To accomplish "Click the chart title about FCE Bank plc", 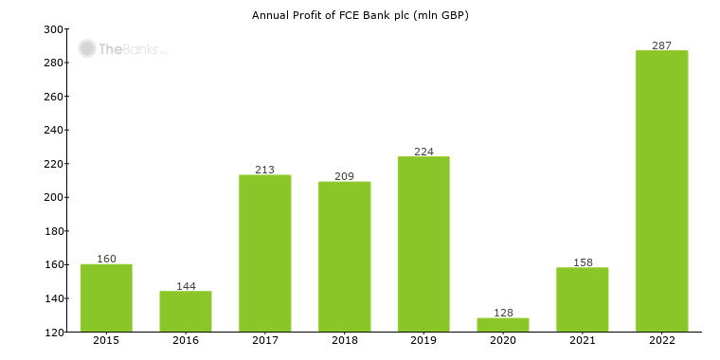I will [360, 15].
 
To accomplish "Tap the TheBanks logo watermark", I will [122, 48].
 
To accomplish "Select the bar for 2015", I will [106, 297].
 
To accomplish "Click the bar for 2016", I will [186, 311].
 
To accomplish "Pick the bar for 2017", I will [265, 253].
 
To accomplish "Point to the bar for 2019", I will [423, 243].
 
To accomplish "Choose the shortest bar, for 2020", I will [503, 324].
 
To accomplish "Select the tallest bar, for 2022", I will [661, 190].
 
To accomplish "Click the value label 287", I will [661, 45].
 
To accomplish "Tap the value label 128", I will [503, 312].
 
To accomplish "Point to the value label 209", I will [344, 176].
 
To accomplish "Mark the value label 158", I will [582, 261].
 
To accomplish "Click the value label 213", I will [265, 170].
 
